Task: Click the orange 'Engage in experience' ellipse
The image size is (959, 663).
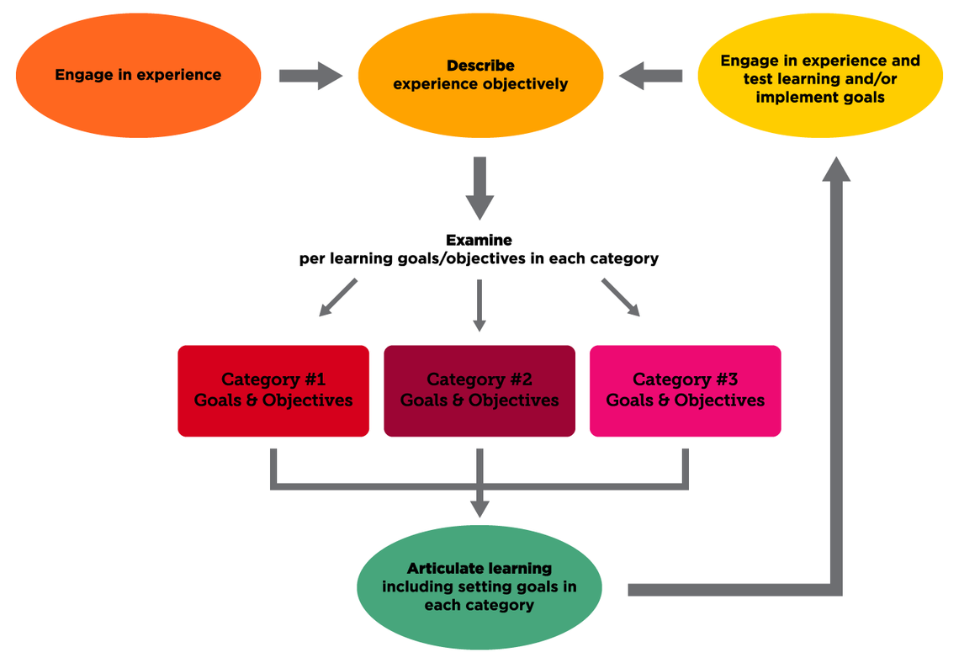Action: tap(138, 76)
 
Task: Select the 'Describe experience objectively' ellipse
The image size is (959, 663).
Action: tap(480, 76)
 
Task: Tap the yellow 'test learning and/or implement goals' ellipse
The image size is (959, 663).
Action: tap(820, 79)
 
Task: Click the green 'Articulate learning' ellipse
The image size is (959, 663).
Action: tap(479, 587)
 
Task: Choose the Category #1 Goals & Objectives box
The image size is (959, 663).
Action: tap(273, 390)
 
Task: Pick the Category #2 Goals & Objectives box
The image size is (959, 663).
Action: tap(479, 390)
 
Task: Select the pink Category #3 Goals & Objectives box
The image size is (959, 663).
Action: tap(686, 390)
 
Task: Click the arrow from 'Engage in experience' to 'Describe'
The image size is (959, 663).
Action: tap(310, 76)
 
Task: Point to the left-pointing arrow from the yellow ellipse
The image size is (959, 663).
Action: tap(650, 76)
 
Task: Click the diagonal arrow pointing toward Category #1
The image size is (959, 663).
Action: tap(338, 298)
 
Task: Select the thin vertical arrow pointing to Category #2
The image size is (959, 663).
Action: tap(479, 305)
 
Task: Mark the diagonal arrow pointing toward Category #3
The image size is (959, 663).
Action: tap(621, 298)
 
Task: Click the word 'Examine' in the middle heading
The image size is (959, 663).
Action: tap(479, 241)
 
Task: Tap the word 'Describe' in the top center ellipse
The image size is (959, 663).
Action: tap(480, 66)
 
